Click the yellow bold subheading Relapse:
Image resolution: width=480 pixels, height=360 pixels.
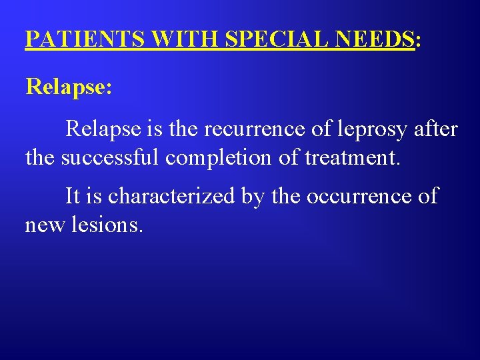pyautogui.click(x=68, y=87)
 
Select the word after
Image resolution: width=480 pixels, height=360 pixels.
pyautogui.click(x=436, y=128)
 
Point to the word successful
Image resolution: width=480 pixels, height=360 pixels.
pyautogui.click(x=111, y=158)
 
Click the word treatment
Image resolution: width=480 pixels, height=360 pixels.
pyautogui.click(x=352, y=158)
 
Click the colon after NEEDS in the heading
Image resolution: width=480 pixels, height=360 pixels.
pyautogui.click(x=417, y=41)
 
